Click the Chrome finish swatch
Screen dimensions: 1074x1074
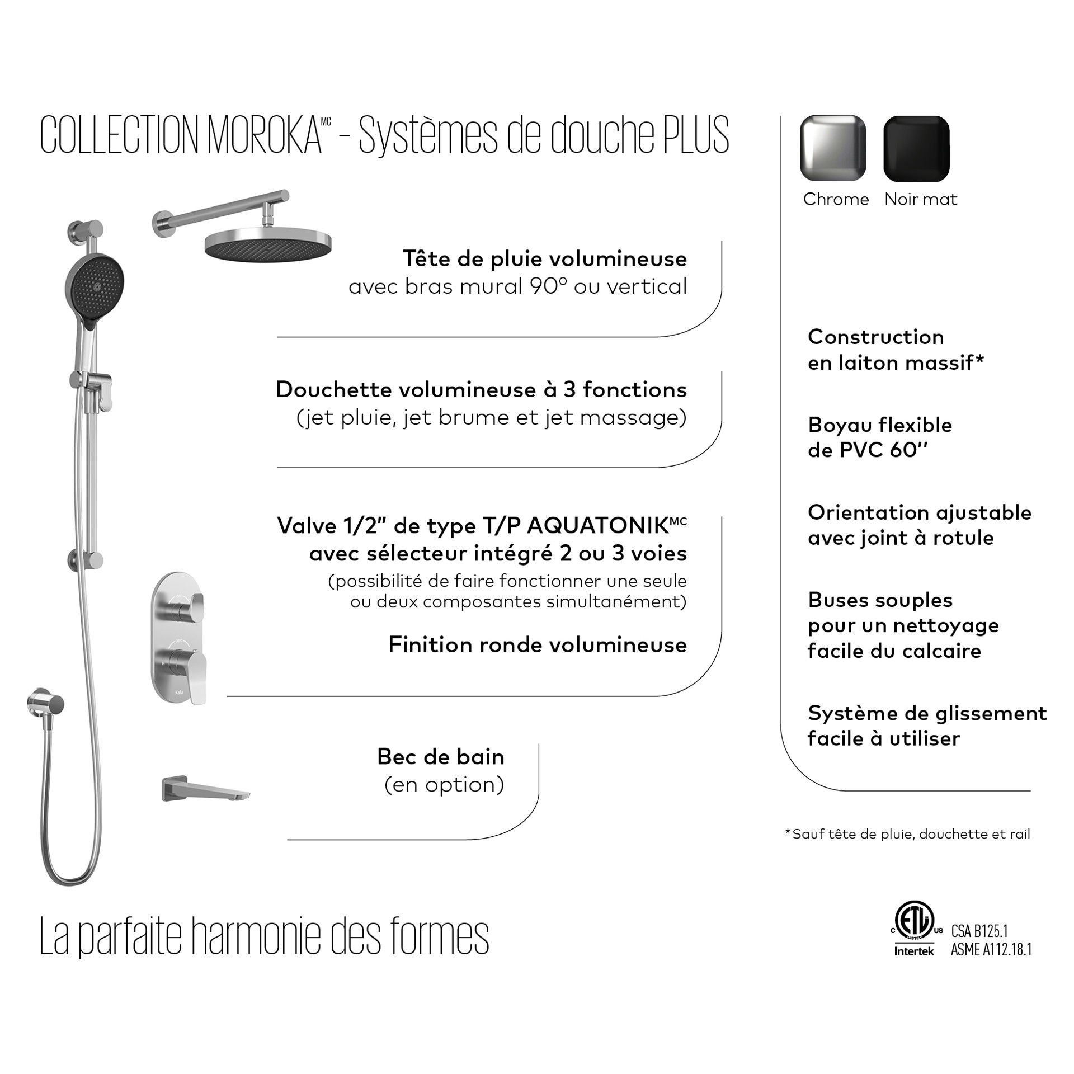click(x=833, y=148)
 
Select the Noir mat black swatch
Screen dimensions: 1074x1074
click(x=916, y=148)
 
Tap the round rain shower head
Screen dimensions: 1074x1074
click(x=268, y=244)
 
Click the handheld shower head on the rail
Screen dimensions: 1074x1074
click(x=96, y=286)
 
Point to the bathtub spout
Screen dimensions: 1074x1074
click(x=205, y=789)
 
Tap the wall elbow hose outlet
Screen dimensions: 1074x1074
click(x=45, y=704)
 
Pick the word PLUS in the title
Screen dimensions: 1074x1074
click(x=696, y=135)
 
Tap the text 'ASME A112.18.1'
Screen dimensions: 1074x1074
click(x=991, y=950)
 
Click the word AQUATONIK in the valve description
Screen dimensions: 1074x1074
click(x=599, y=526)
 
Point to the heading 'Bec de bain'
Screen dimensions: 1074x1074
click(x=441, y=757)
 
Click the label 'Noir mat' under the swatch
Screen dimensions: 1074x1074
click(x=921, y=199)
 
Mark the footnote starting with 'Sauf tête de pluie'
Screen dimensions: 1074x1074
click(x=907, y=834)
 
